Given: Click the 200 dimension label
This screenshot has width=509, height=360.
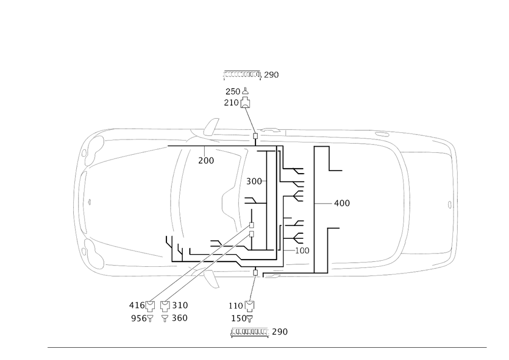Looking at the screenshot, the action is click(206, 161).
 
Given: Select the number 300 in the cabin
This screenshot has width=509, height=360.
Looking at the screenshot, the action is click(254, 181).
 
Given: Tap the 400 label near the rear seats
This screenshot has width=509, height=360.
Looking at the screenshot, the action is click(342, 203).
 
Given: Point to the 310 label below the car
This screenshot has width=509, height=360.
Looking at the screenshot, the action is click(180, 306).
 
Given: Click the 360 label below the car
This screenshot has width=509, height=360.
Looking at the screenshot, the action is click(180, 318).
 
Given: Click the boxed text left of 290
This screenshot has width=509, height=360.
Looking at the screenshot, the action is click(251, 332).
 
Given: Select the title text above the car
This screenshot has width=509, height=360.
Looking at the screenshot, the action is click(251, 75).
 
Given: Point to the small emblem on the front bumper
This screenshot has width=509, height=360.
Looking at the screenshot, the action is click(89, 202).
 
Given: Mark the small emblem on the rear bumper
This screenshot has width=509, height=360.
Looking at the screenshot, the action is click(448, 205).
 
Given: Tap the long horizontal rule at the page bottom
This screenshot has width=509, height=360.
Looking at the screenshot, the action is click(267, 347).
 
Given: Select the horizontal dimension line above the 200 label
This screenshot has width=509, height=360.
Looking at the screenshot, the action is click(204, 148).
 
